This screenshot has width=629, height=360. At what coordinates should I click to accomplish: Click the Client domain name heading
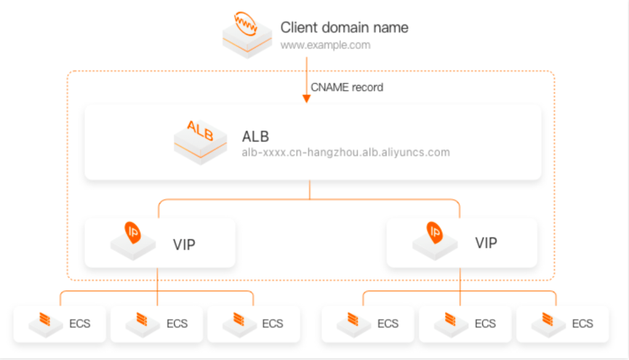point(344,28)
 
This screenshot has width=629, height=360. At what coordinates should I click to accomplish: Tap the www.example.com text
point(326,45)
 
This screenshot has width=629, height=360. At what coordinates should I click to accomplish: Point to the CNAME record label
point(347,87)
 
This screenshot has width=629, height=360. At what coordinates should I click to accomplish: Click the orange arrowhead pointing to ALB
point(306,98)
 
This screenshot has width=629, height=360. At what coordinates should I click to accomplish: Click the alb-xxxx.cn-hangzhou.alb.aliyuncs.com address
point(346,152)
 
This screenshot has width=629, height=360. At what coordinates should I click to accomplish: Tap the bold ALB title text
point(255,136)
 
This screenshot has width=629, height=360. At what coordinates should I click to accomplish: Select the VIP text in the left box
point(184,244)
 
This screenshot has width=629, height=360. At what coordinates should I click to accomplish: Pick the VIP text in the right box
point(486,242)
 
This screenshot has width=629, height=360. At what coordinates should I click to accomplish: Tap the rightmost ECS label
point(582,323)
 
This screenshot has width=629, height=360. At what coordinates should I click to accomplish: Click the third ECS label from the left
point(273,323)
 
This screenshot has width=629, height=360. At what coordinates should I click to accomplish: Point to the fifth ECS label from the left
point(485,323)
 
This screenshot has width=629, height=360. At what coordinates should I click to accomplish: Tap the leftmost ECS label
point(80,323)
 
